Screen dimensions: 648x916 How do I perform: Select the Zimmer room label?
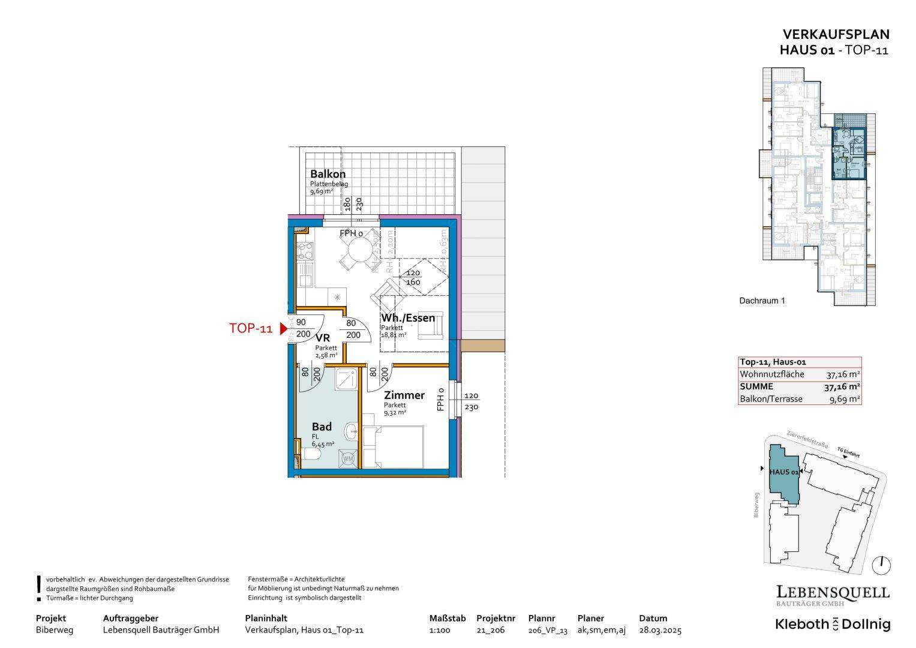(404, 395)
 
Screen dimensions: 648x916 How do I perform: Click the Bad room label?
(322, 427)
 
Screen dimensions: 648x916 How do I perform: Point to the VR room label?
(323, 338)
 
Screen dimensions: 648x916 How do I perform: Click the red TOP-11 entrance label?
(251, 329)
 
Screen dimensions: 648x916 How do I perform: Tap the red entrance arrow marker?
(284, 329)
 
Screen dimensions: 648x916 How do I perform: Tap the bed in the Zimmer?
(394, 447)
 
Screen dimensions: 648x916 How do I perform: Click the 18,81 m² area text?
(394, 335)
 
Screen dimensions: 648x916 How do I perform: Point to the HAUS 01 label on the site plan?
(783, 472)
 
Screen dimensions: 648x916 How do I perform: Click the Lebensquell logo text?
(833, 593)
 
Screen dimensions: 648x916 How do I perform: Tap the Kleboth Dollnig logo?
(833, 624)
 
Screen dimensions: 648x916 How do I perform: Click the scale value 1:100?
(440, 630)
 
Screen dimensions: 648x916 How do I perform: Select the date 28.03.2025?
(660, 630)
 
